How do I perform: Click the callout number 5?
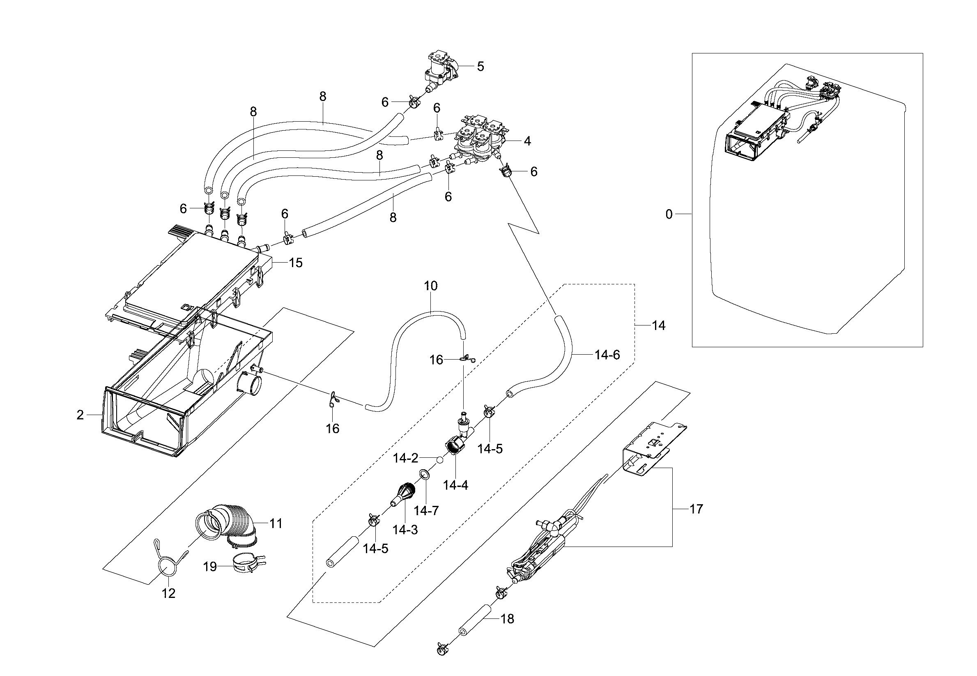[x=480, y=67]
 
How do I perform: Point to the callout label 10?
[x=430, y=286]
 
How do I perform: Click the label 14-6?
[x=607, y=355]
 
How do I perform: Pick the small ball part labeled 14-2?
[x=440, y=460]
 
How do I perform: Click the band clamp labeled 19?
[x=248, y=563]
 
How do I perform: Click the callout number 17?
[x=697, y=509]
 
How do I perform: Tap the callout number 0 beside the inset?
[x=669, y=215]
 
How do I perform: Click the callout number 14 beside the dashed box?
[x=658, y=325]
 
